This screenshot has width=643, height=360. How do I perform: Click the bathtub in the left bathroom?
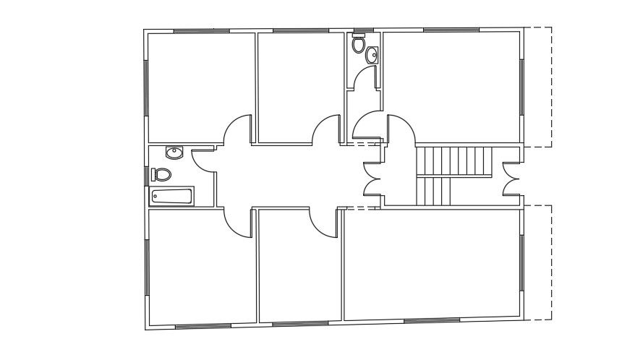click(x=171, y=197)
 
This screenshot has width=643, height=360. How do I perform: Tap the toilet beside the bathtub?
click(x=161, y=174)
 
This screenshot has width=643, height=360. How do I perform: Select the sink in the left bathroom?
click(x=174, y=153)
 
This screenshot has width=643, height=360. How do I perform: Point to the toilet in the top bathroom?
click(x=358, y=45)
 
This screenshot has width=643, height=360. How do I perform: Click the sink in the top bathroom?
click(x=372, y=55)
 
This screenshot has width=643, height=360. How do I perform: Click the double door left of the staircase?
click(x=373, y=177)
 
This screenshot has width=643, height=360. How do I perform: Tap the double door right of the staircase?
click(x=511, y=177)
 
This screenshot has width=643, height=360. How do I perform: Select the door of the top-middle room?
click(x=325, y=130)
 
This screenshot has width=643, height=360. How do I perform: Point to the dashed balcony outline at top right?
click(x=539, y=87)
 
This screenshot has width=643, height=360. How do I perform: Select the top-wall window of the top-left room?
click(x=202, y=30)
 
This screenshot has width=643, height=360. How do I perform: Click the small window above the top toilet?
click(x=359, y=32)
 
